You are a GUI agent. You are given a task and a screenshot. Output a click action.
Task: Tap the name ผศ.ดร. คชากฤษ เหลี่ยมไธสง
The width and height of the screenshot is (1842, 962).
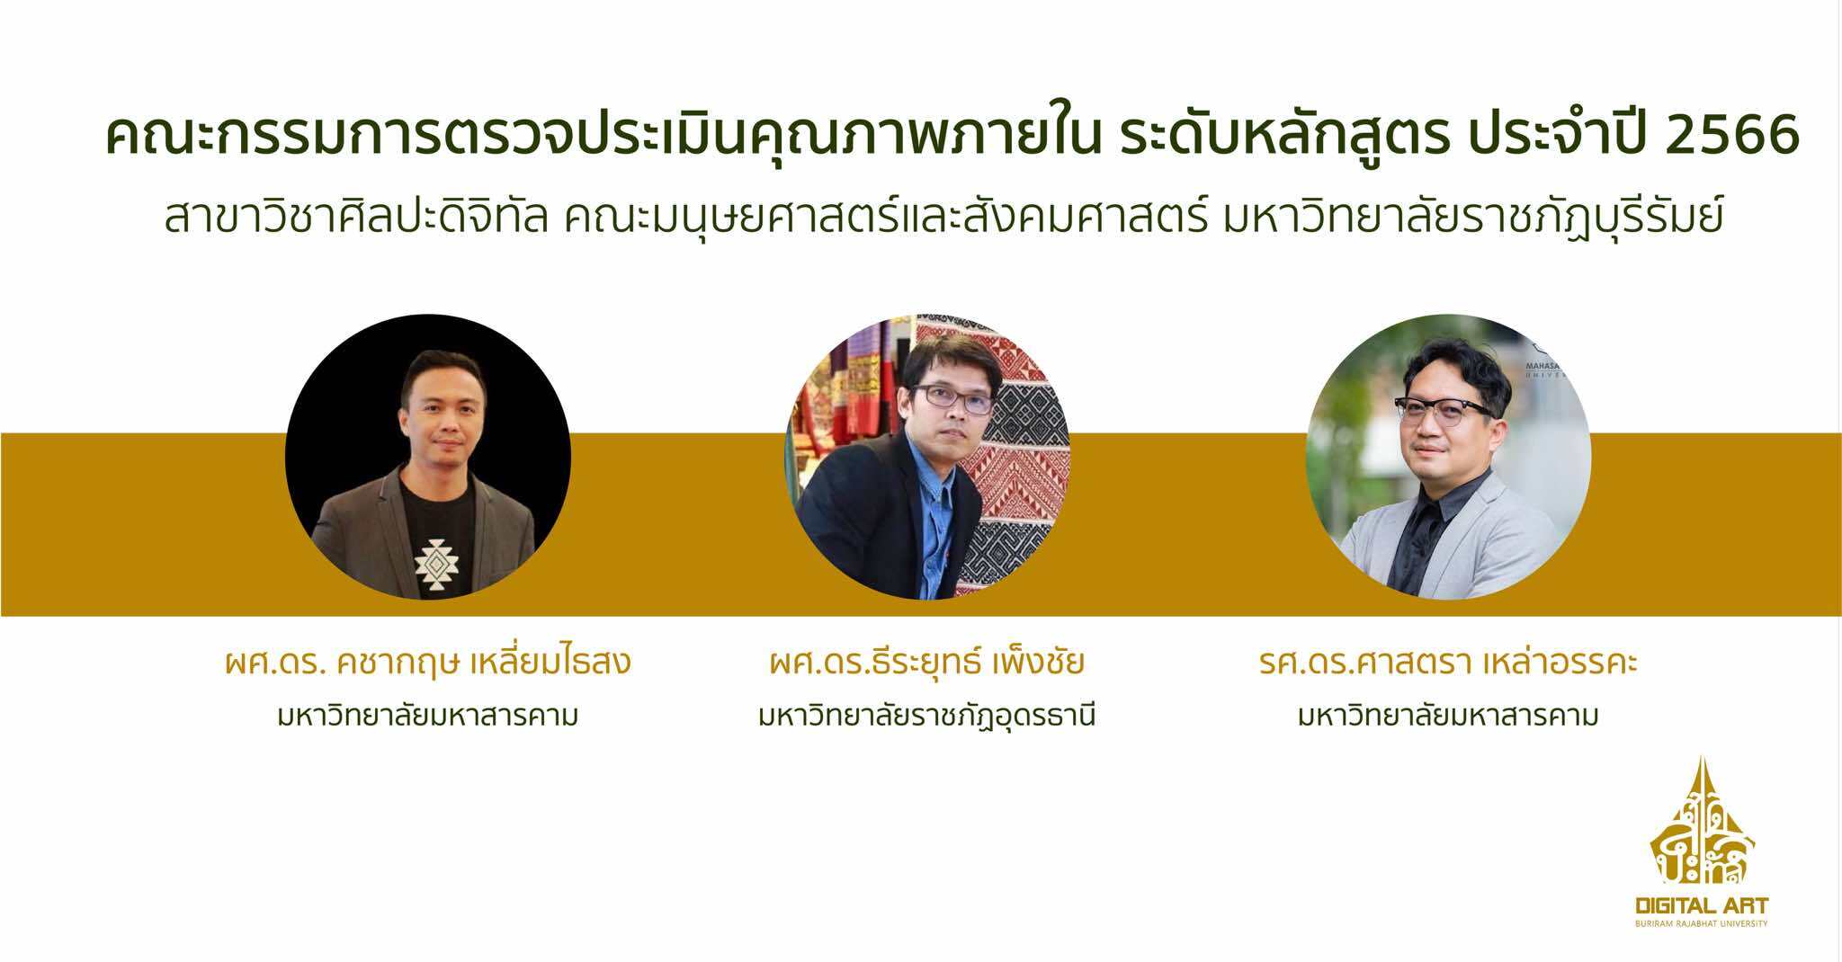[428, 663]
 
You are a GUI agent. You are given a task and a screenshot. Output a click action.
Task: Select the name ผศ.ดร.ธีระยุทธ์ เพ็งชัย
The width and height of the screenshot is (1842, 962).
[927, 663]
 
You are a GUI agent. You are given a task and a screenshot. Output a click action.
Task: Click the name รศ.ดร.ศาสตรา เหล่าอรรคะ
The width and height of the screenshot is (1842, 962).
[1448, 663]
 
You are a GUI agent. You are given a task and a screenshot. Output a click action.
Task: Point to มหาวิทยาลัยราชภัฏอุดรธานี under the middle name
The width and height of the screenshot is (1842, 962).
[927, 717]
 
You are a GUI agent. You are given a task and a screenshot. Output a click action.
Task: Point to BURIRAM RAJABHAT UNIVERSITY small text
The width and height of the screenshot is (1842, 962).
[1690, 923]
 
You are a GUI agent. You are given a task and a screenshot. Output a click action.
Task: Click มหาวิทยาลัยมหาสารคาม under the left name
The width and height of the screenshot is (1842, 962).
[428, 717]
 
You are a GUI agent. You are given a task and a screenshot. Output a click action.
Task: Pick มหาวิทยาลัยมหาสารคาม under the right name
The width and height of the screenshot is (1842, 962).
[1448, 717]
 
